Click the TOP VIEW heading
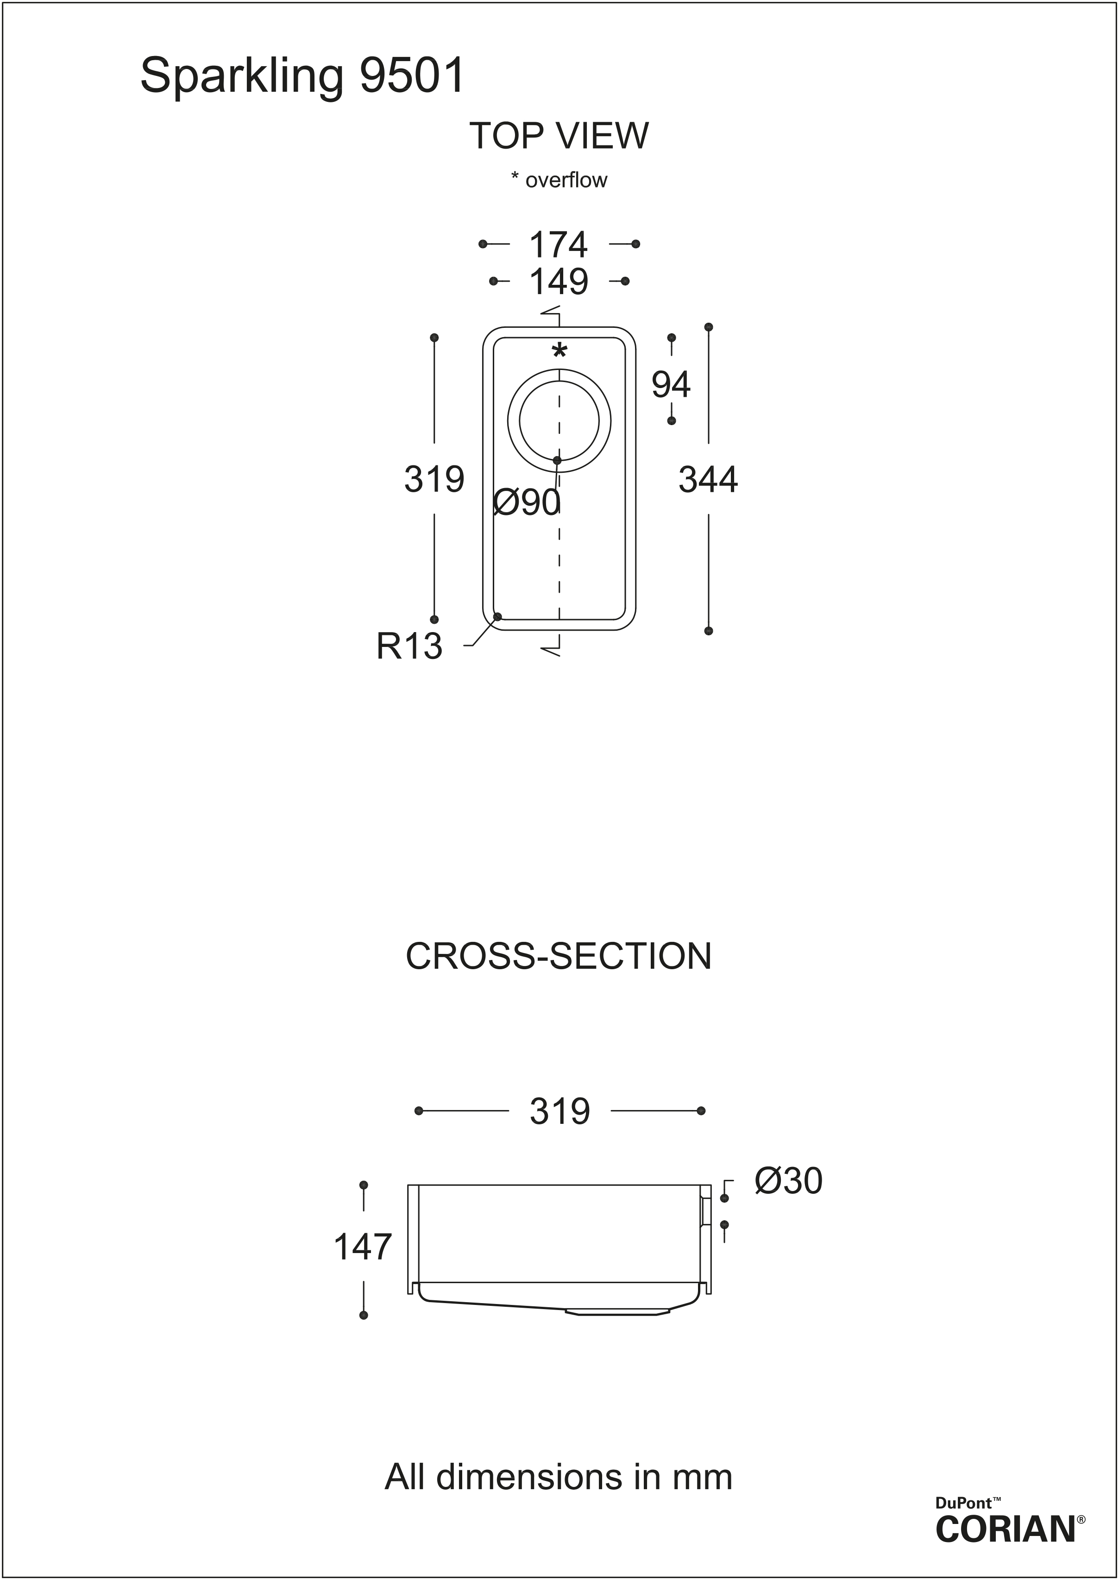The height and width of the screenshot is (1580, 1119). pyautogui.click(x=559, y=136)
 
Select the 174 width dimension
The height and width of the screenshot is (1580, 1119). pyautogui.click(x=559, y=245)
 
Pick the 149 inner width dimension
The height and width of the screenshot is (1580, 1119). pyautogui.click(x=559, y=282)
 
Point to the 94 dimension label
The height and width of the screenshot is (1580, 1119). pyautogui.click(x=671, y=384)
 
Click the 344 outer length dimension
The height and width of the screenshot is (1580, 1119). pyautogui.click(x=708, y=479)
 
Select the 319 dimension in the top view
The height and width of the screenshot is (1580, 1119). pyautogui.click(x=434, y=479)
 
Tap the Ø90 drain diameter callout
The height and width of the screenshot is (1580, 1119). pyautogui.click(x=527, y=503)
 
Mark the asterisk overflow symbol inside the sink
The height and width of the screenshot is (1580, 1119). pyautogui.click(x=559, y=351)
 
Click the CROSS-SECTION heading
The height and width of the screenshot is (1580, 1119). pyautogui.click(x=559, y=957)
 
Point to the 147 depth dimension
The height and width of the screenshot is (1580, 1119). pyautogui.click(x=363, y=1248)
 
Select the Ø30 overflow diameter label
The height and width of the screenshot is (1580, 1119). pyautogui.click(x=789, y=1181)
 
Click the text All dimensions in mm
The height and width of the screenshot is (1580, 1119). pyautogui.click(x=559, y=1477)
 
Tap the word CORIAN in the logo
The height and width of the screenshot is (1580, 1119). pyautogui.click(x=1006, y=1528)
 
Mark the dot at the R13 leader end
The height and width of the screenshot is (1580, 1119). pyautogui.click(x=497, y=616)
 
